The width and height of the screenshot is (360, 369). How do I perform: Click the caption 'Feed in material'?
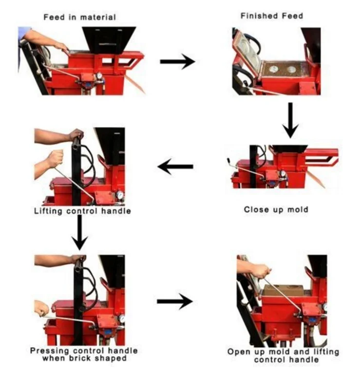tap(79, 17)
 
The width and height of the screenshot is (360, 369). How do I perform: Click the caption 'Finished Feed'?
tap(272, 16)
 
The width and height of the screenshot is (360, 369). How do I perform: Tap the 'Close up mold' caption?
tap(276, 209)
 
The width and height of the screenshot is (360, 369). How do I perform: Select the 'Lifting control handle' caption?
tap(82, 211)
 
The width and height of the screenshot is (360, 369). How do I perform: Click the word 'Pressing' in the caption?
tap(49, 351)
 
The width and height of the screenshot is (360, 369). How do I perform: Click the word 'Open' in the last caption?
tap(239, 352)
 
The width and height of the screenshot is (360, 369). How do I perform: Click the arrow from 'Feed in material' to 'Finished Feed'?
tap(177, 62)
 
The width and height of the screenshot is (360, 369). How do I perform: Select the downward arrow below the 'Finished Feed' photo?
tap(290, 120)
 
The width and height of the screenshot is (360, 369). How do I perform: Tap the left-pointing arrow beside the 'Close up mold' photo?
tap(175, 166)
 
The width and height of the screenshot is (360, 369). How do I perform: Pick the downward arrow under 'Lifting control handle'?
tap(80, 233)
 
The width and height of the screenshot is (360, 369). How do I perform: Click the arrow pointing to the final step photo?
tap(175, 301)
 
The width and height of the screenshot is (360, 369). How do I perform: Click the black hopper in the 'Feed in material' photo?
tap(109, 39)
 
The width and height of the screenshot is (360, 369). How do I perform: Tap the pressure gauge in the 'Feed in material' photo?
tap(99, 76)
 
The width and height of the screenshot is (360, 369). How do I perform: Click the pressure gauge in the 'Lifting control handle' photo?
tap(120, 195)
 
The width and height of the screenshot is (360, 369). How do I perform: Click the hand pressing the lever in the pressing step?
tap(42, 309)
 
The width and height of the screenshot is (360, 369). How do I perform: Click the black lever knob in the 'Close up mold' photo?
tap(228, 161)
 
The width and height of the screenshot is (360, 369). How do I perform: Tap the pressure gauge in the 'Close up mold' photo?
tap(283, 173)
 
